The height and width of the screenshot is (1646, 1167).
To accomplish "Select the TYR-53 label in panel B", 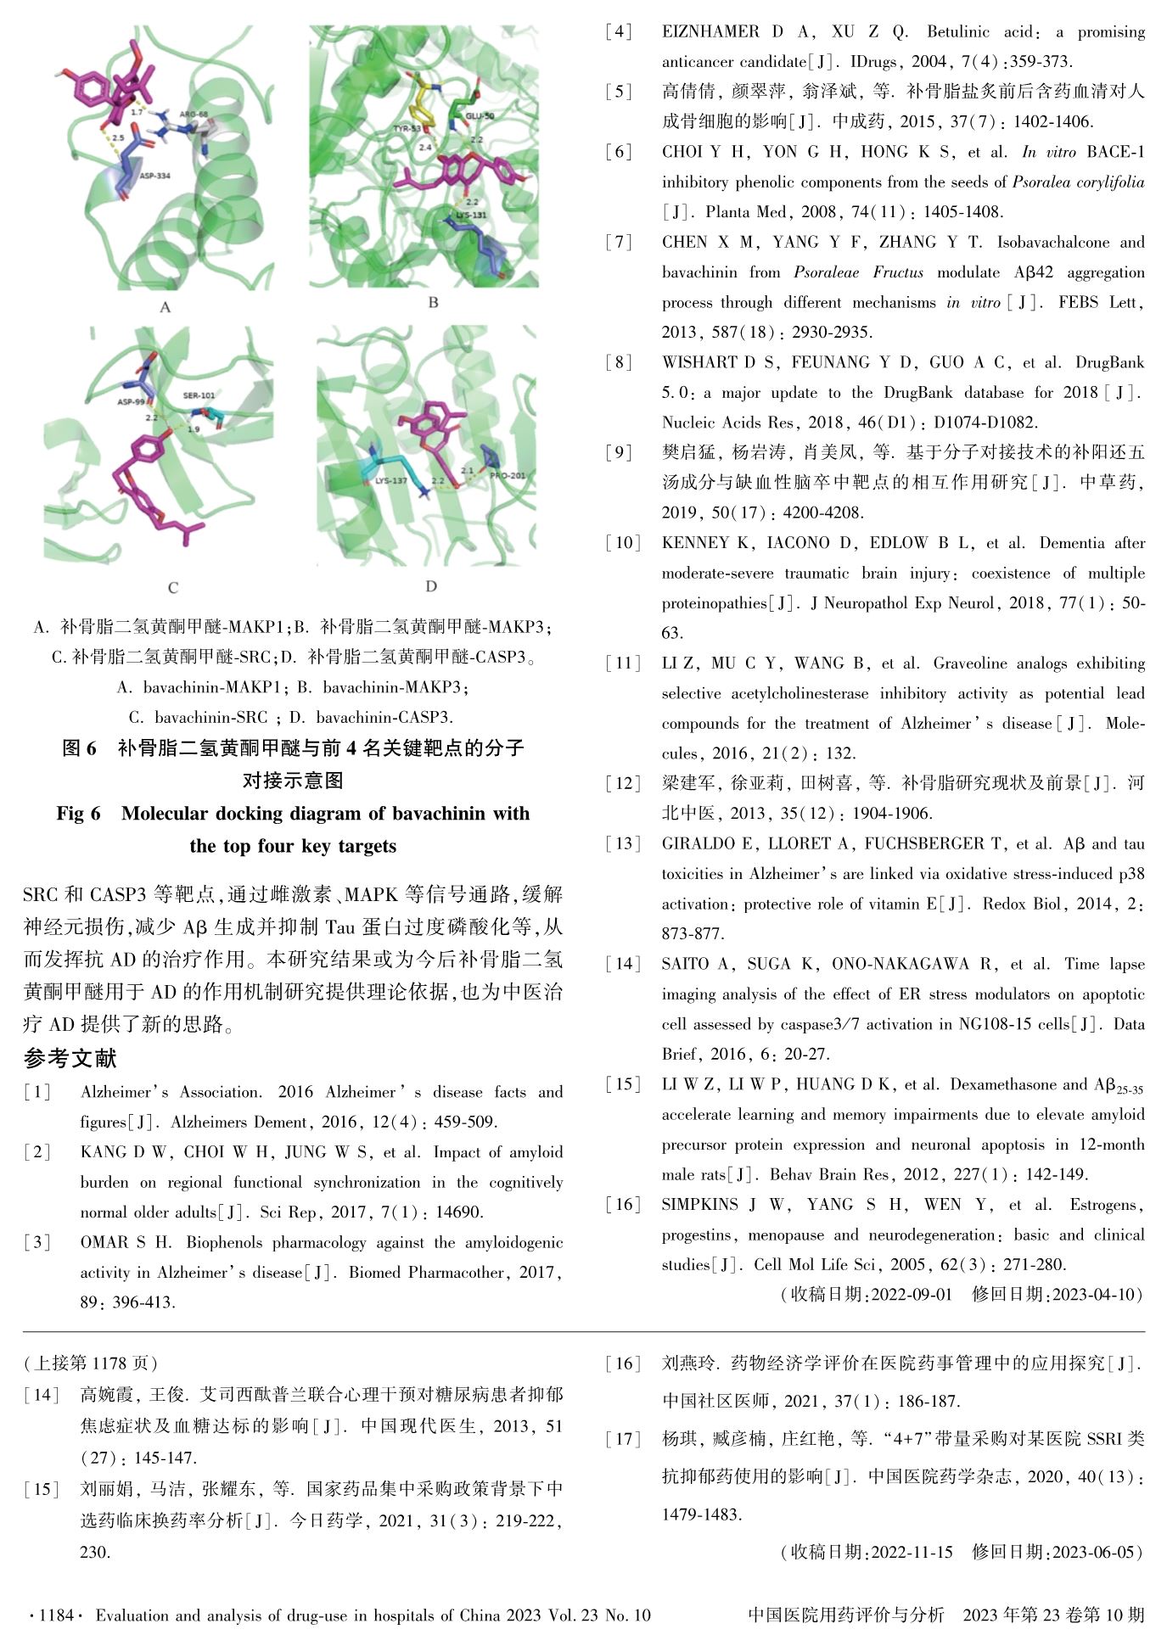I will click(407, 129).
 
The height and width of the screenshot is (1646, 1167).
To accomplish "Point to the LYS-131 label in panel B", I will click(471, 216).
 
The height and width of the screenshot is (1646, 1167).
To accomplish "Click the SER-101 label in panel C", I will click(199, 395).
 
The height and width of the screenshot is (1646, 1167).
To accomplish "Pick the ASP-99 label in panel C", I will click(131, 402).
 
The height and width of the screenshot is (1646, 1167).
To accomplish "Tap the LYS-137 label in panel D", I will click(390, 480).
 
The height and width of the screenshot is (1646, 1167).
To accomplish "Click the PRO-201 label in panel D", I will click(508, 476).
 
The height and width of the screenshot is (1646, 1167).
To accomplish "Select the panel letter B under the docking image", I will click(433, 302).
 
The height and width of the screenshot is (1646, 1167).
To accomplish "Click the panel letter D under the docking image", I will click(431, 586).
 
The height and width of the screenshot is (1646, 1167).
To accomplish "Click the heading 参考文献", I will click(70, 1058).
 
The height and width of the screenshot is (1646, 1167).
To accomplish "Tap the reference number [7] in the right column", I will click(620, 243).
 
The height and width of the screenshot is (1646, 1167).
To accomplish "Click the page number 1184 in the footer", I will click(57, 1615).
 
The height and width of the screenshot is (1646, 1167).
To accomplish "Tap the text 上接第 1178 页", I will click(91, 1363).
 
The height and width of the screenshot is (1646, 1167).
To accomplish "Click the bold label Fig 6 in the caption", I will click(78, 814).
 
